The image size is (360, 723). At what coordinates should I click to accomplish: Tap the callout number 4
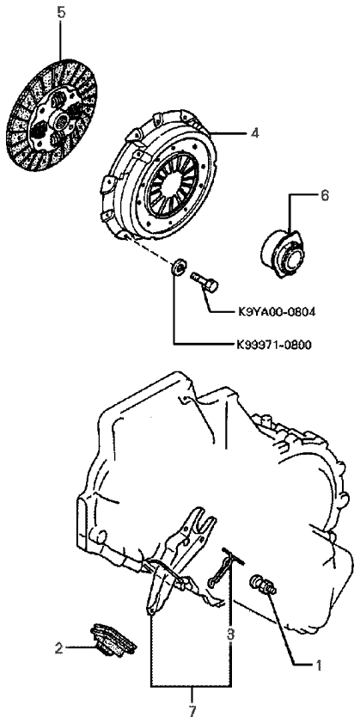pos(255,133)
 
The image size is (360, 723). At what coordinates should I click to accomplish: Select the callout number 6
pos(324,195)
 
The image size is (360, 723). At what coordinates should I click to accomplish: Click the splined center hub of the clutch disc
pos(61,121)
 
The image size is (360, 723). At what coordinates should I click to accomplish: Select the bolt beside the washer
pos(204,281)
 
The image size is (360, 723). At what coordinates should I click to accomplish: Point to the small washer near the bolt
pos(179,267)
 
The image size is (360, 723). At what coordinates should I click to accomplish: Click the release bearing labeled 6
pos(281,255)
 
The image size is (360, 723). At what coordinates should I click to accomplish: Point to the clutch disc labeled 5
pos(52,115)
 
